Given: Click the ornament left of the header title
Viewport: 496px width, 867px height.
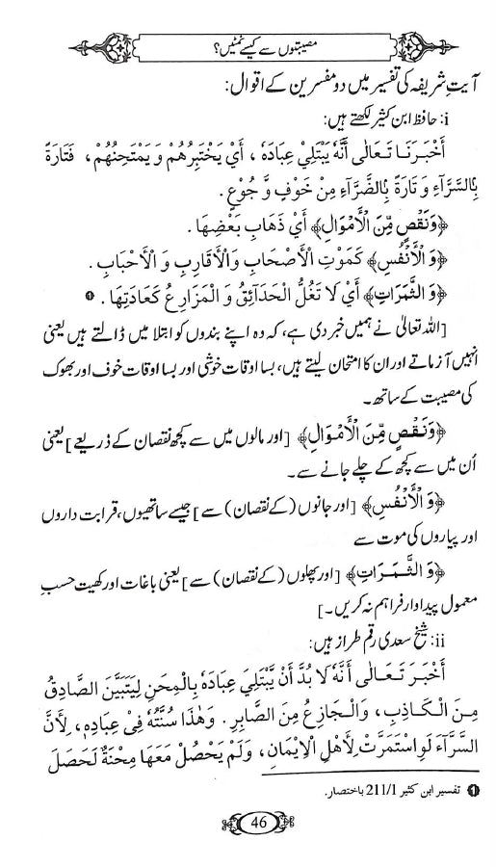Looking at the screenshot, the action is point(81,42).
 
